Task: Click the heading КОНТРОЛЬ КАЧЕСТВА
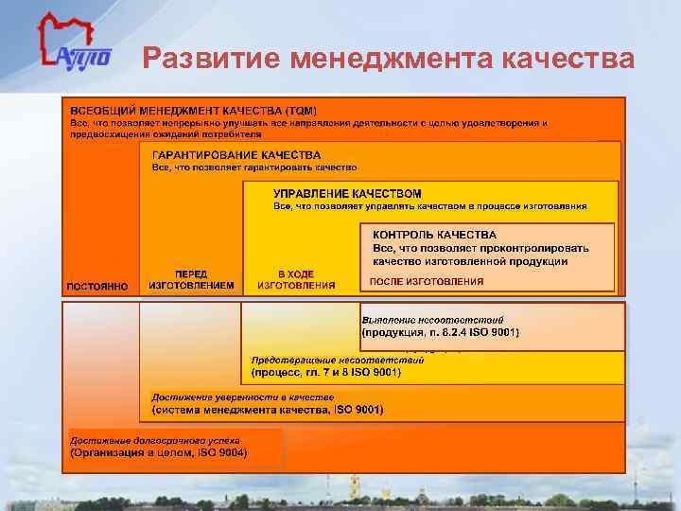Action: (x=434, y=235)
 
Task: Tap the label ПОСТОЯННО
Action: (x=97, y=286)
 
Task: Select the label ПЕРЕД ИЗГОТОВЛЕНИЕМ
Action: (x=191, y=279)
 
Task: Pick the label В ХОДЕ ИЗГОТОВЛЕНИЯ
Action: (x=296, y=279)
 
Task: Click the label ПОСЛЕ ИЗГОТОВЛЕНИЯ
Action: (x=426, y=281)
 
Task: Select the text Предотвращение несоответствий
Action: (x=337, y=360)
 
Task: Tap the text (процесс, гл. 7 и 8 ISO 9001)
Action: (x=326, y=373)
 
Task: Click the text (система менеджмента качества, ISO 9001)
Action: (x=268, y=410)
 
